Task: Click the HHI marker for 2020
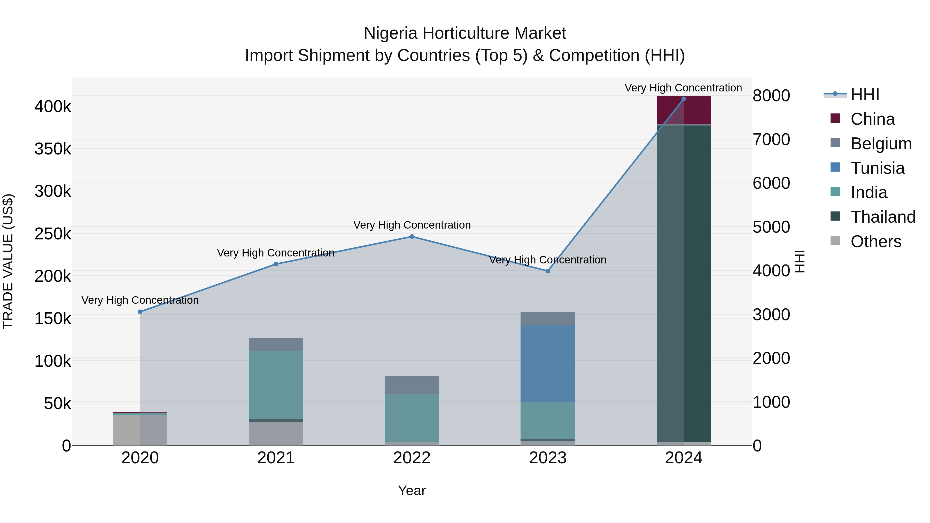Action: pyautogui.click(x=140, y=312)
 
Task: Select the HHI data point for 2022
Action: pyautogui.click(x=412, y=237)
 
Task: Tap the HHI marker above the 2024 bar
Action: pyautogui.click(x=683, y=99)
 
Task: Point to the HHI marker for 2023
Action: pyautogui.click(x=548, y=271)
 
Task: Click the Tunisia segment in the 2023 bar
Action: pyautogui.click(x=548, y=363)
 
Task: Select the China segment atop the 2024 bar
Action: pyautogui.click(x=683, y=110)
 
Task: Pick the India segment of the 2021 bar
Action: pyautogui.click(x=276, y=385)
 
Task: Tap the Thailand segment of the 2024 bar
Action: pyautogui.click(x=683, y=283)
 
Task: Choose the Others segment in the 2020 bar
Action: pyautogui.click(x=140, y=430)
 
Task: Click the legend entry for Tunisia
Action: pyautogui.click(x=877, y=168)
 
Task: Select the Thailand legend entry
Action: pyautogui.click(x=883, y=217)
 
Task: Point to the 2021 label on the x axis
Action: pyautogui.click(x=276, y=458)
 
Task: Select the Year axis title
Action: pyautogui.click(x=412, y=490)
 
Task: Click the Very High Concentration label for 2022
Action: pyautogui.click(x=412, y=225)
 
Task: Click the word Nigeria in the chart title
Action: pyautogui.click(x=391, y=33)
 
